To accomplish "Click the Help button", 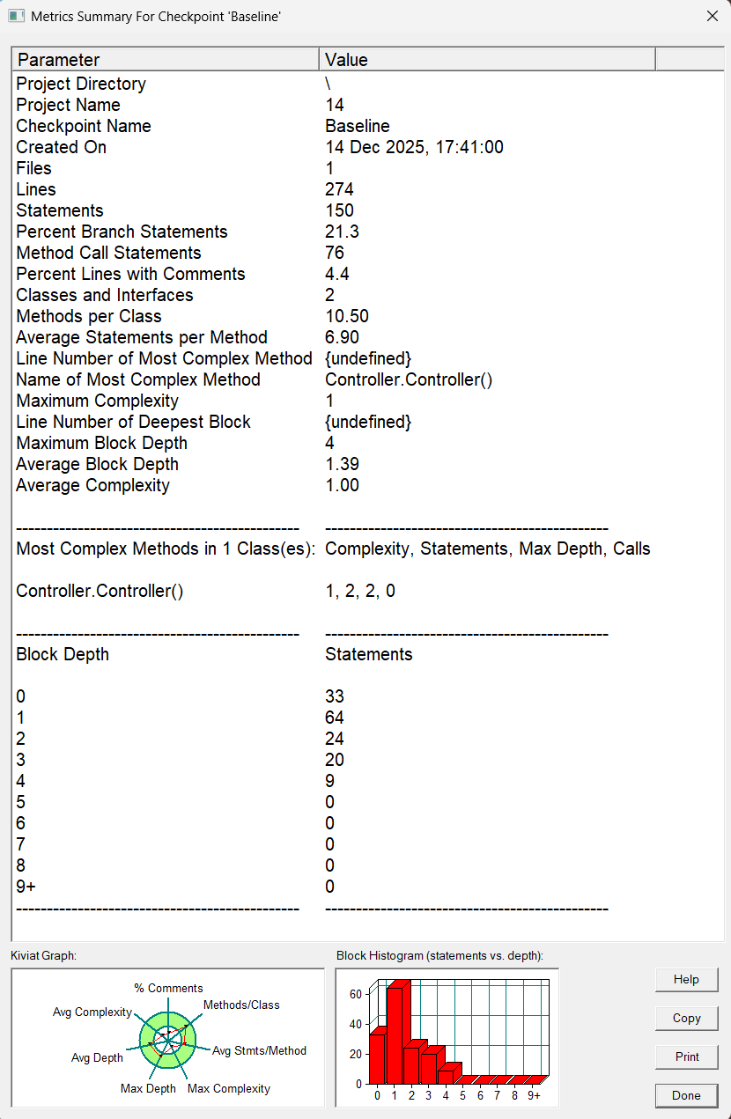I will [x=686, y=979].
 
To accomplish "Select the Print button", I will [x=686, y=1056].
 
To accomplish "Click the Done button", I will [x=686, y=1095].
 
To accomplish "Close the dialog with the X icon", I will [x=712, y=16].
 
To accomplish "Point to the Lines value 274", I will [x=339, y=189].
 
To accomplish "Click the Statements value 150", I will [x=339, y=210].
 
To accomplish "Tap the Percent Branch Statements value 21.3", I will [x=342, y=232].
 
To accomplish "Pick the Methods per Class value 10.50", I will [x=346, y=316].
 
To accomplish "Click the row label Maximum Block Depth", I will [x=101, y=443].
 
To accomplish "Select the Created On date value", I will [x=414, y=147].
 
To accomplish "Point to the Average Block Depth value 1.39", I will [x=343, y=464].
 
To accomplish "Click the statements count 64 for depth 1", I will [x=335, y=718].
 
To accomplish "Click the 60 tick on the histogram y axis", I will [x=356, y=994].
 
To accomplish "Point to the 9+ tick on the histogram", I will [x=534, y=1095].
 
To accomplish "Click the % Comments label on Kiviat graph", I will [x=168, y=988].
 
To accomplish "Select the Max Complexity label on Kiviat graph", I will [x=229, y=1088].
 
